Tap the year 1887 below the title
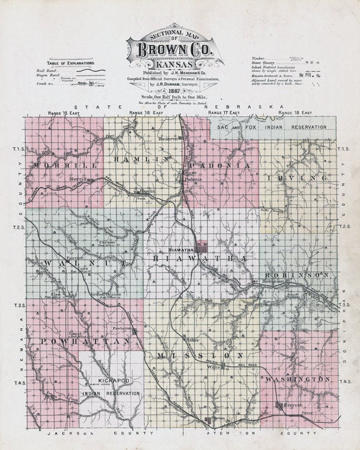pyautogui.click(x=181, y=91)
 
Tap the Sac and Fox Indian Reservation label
pyautogui.click(x=272, y=128)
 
